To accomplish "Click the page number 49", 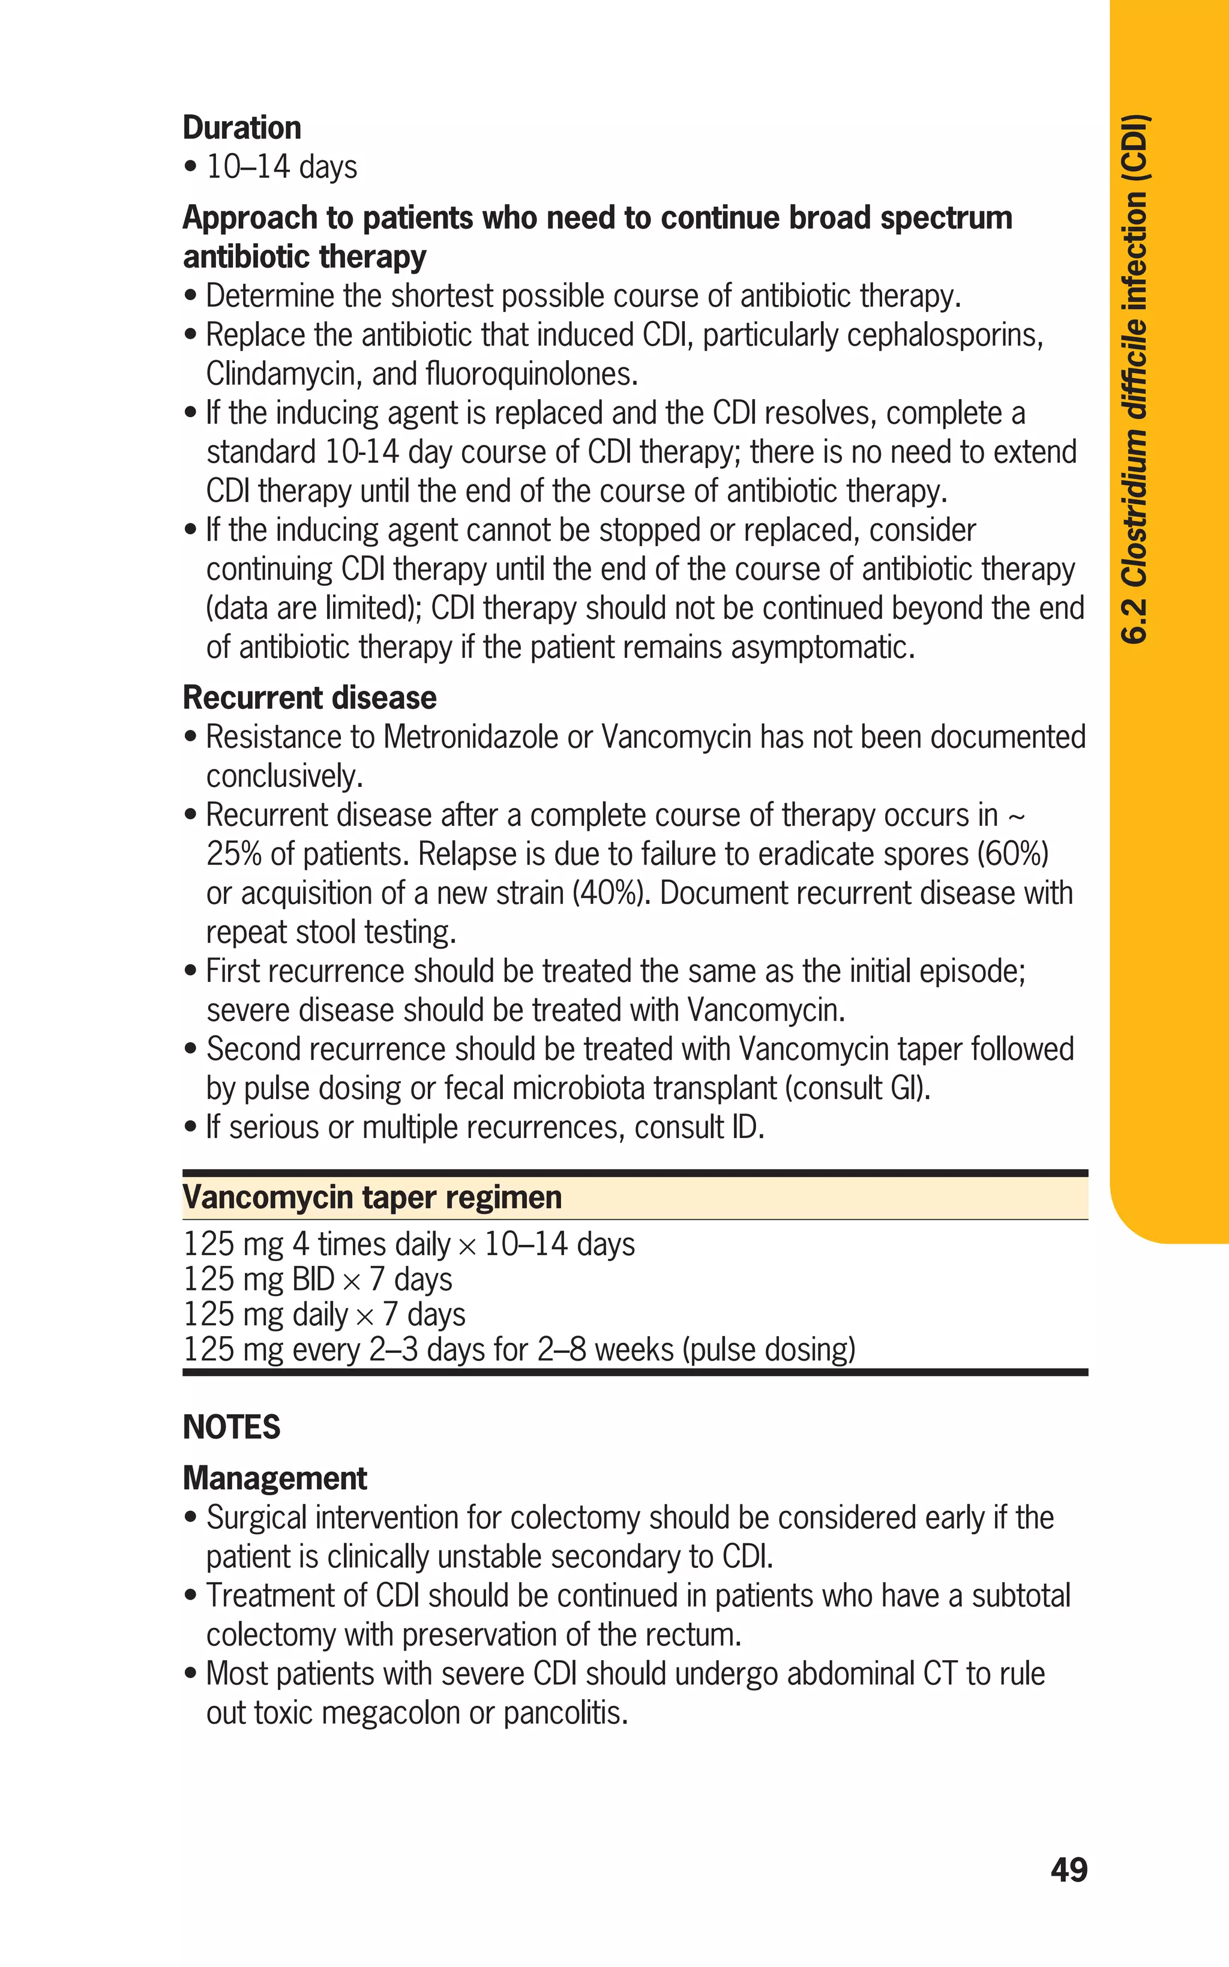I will pos(1068,1870).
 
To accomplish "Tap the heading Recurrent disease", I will pos(309,697).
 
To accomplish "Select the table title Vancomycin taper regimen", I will pos(372,1197).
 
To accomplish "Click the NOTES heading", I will pos(232,1427).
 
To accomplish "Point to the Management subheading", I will pos(275,1478).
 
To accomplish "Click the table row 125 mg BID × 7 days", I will pos(317,1279).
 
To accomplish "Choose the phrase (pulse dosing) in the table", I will pos(769,1349).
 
